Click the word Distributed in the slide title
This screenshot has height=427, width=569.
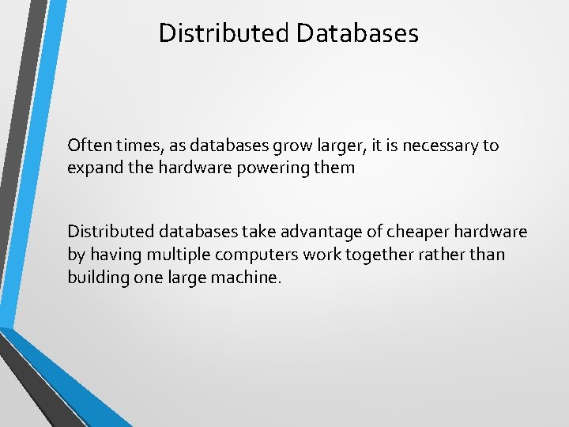point(224,33)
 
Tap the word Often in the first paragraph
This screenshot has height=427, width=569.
point(86,145)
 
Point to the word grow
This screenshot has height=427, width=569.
point(277,146)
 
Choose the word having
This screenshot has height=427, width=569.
point(111,254)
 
